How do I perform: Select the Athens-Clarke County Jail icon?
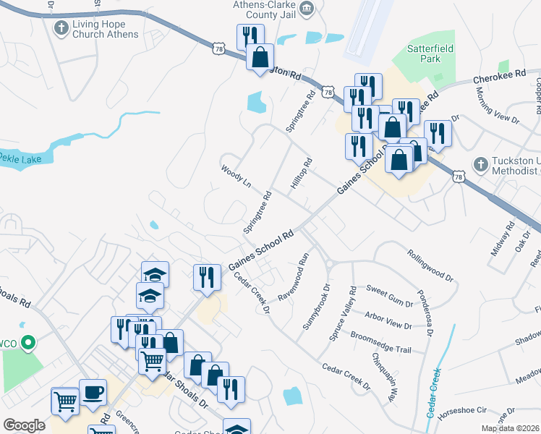[x=307, y=8]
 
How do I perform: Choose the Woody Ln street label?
[x=236, y=176]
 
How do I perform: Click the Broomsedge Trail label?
[x=380, y=343]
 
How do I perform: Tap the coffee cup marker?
[x=93, y=393]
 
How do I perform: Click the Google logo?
[x=24, y=425]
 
